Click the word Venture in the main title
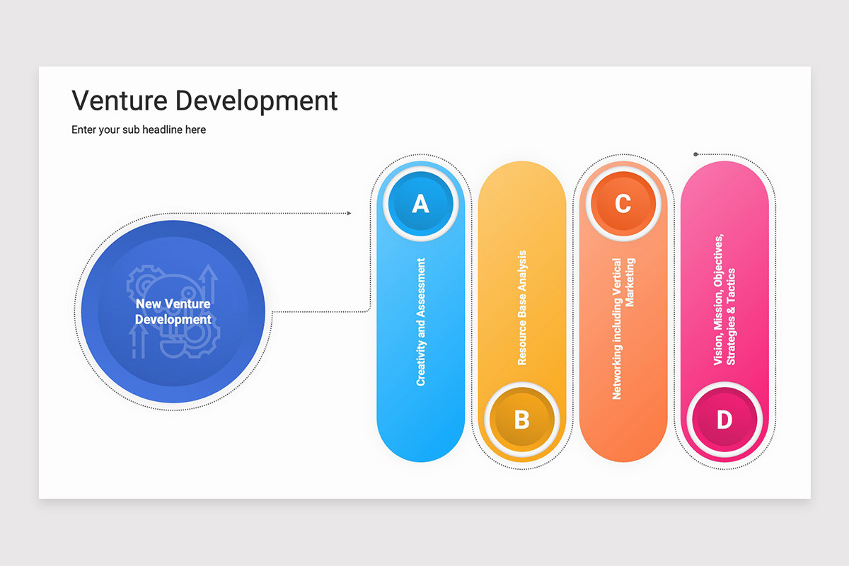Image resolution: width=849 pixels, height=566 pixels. pyautogui.click(x=120, y=100)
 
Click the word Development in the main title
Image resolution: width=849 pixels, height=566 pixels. pyautogui.click(x=257, y=102)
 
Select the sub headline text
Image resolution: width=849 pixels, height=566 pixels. pyautogui.click(x=139, y=129)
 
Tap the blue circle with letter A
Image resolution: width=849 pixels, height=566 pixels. pyautogui.click(x=421, y=204)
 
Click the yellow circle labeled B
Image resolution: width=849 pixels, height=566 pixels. pyautogui.click(x=522, y=420)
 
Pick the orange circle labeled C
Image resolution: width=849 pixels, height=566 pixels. pyautogui.click(x=623, y=204)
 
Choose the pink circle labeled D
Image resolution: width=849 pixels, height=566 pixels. pyautogui.click(x=724, y=420)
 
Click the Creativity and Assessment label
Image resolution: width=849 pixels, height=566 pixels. pyautogui.click(x=421, y=322)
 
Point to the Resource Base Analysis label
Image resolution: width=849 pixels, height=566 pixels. pyautogui.click(x=522, y=308)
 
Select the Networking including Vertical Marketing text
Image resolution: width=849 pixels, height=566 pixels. pyautogui.click(x=623, y=329)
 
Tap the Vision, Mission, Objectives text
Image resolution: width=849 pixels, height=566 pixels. pyautogui.click(x=718, y=299)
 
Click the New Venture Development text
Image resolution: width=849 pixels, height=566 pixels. pyautogui.click(x=173, y=311)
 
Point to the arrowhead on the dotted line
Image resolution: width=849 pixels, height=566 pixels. pyautogui.click(x=349, y=214)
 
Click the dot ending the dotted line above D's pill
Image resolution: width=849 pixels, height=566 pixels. pyautogui.click(x=695, y=154)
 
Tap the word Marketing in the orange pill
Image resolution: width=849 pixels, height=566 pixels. pyautogui.click(x=630, y=282)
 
